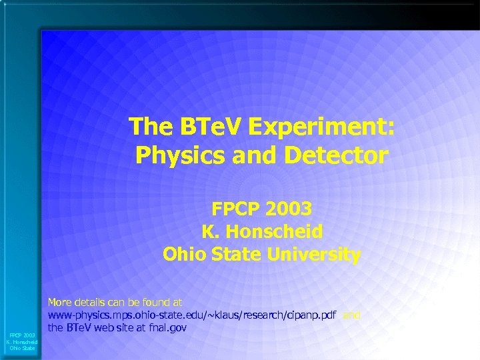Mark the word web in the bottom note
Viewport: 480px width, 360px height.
point(103,327)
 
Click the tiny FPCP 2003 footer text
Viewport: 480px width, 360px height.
point(22,335)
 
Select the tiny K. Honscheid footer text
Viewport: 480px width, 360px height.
point(22,341)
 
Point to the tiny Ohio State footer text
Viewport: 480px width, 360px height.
point(22,348)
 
